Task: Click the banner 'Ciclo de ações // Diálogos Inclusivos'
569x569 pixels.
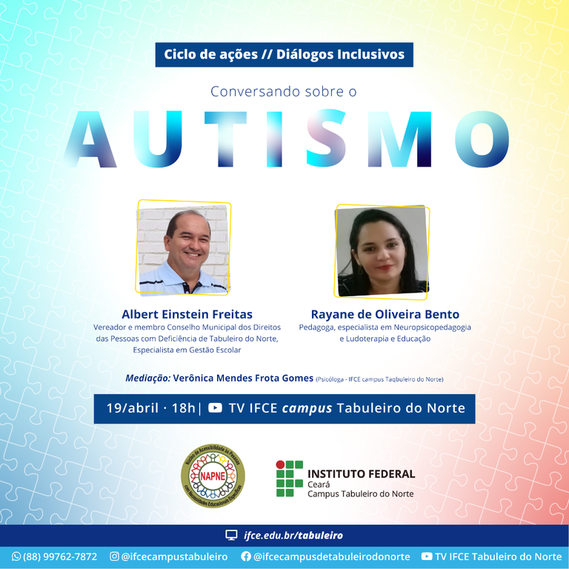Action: [284, 55]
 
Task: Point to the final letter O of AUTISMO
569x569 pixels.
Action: [482, 141]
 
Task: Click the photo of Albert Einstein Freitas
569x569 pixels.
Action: [184, 249]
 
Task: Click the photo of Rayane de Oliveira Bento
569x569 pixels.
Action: [382, 251]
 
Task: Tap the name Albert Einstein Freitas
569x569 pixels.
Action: [187, 314]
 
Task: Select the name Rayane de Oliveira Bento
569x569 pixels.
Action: [385, 314]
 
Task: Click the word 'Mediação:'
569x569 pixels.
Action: [148, 379]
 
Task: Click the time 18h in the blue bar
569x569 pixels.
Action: [182, 408]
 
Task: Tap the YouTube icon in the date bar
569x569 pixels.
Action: [215, 408]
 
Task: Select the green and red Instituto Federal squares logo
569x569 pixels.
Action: [290, 478]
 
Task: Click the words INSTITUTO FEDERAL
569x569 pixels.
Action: [361, 473]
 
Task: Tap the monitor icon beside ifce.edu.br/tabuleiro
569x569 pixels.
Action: [232, 535]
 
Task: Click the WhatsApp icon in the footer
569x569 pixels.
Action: [16, 556]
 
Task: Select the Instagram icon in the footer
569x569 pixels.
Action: [114, 556]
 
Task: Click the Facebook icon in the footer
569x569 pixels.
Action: [246, 556]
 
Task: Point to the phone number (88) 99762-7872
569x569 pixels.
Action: [60, 556]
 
